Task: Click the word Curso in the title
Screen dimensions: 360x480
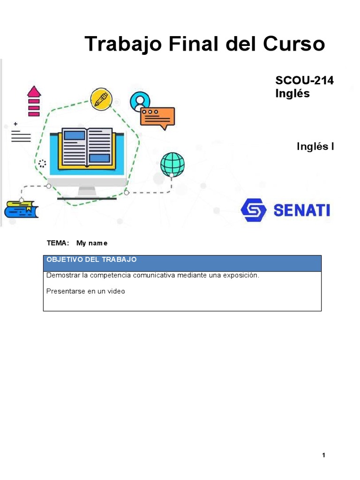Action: (x=294, y=44)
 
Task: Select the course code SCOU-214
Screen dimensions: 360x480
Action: (x=304, y=81)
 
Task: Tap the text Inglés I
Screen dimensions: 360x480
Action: (x=315, y=146)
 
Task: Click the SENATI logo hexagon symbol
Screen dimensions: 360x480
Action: (x=254, y=210)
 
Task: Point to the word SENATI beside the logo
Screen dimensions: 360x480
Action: (x=301, y=210)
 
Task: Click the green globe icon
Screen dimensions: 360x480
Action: (x=172, y=164)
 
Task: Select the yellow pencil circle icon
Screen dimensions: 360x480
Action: (x=101, y=98)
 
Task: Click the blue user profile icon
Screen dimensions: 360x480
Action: (x=140, y=100)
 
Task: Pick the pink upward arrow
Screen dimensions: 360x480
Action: (x=34, y=92)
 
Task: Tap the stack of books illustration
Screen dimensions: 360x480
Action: (x=21, y=209)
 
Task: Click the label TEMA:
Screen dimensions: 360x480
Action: (x=58, y=243)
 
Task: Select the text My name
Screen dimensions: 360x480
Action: (x=92, y=243)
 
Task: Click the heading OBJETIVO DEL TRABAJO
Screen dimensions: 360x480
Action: (x=92, y=259)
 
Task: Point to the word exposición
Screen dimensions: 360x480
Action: (x=240, y=275)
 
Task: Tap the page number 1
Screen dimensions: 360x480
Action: (x=323, y=455)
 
